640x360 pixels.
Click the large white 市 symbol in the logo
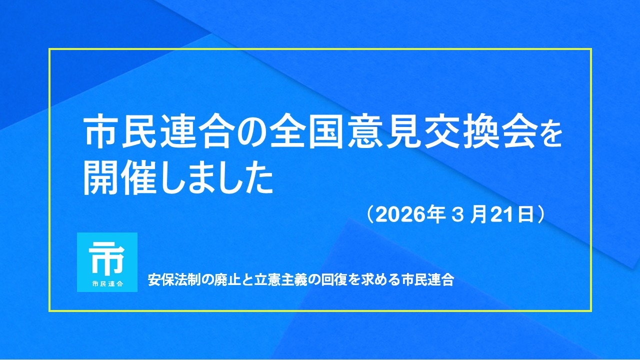[x=106, y=257]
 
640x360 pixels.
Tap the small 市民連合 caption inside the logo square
[x=107, y=284]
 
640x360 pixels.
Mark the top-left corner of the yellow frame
[x=49, y=49]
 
